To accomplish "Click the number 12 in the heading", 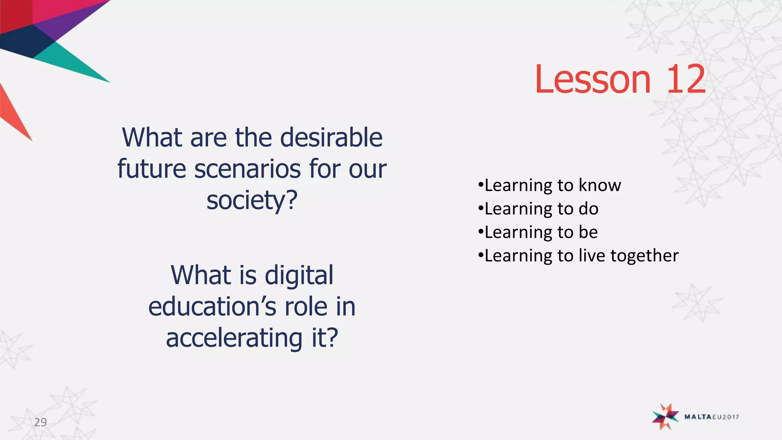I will pos(686,79).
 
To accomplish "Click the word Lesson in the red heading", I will pos(592,79).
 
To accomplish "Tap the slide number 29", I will pos(40,422).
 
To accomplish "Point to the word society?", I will pos(252,201).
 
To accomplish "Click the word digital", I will pos(299,275).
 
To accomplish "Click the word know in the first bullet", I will pos(600,185).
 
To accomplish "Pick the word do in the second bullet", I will pos(588,209).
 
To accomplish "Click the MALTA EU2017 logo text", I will pos(711,417).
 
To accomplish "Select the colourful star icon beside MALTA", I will pos(665,416).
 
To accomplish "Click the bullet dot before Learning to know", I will pos(480,185).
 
